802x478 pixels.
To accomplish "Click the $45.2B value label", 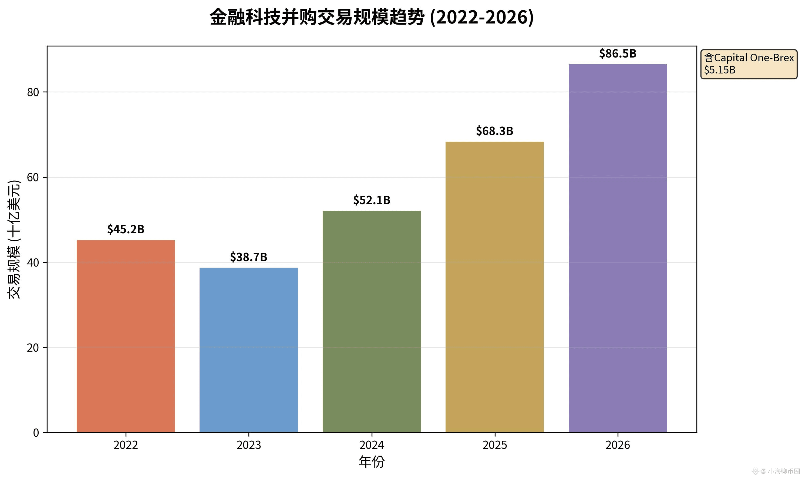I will [x=126, y=229].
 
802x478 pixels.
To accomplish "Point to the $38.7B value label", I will [x=249, y=257].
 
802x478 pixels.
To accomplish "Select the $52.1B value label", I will [x=372, y=200].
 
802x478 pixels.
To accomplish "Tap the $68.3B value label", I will [x=495, y=131].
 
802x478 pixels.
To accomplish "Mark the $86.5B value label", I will [x=618, y=53].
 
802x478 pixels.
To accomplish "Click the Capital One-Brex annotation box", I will [x=749, y=64].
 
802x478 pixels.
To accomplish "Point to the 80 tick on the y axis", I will [x=33, y=92].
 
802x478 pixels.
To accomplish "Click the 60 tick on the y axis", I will [x=33, y=177].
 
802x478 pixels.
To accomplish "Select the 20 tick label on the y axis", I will [x=33, y=348].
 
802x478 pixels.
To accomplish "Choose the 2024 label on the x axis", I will [x=372, y=445].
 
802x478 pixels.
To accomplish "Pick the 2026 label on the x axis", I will [x=618, y=445].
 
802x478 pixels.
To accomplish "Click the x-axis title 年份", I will [x=372, y=462].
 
